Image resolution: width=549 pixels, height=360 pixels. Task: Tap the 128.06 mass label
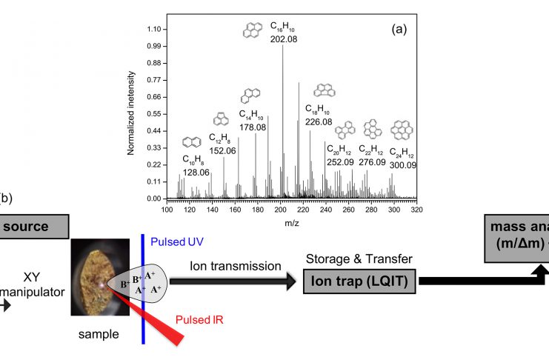pos(196,173)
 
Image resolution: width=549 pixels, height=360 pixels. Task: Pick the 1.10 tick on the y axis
pos(154,29)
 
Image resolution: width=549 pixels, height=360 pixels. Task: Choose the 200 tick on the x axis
pos(281,210)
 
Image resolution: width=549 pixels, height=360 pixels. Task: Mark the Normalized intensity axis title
pos(131,112)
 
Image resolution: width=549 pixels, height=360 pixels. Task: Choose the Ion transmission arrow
pos(230,281)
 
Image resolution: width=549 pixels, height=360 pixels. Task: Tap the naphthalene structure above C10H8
pos(190,142)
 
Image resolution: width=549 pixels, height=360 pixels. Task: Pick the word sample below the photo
pos(99,334)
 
